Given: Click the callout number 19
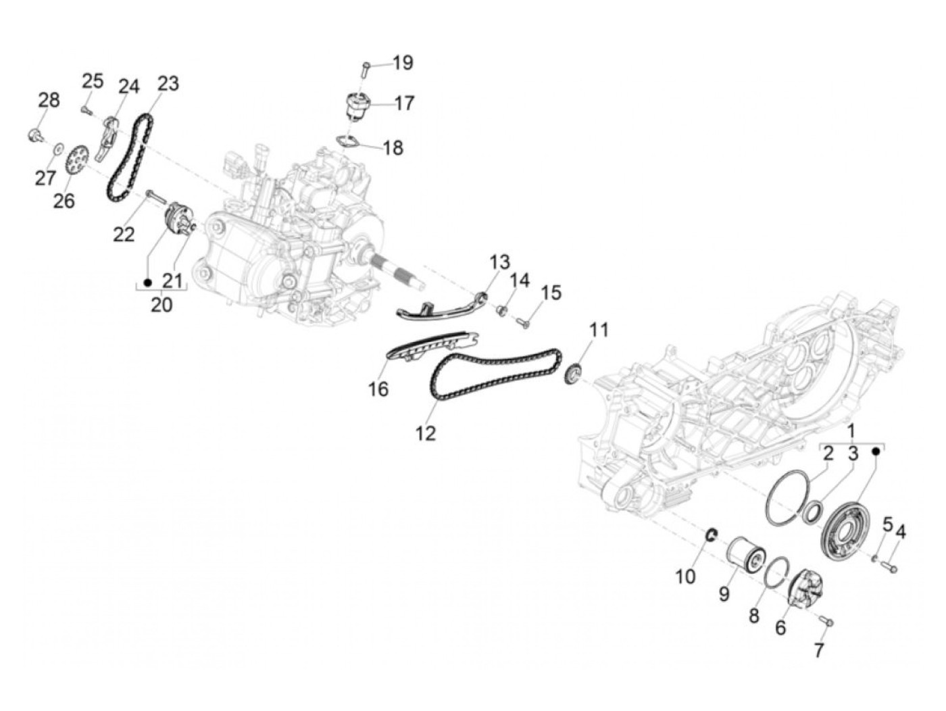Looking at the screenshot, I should (x=403, y=63).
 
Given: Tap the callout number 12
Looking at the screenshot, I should (x=426, y=433).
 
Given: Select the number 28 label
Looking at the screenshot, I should (x=49, y=100).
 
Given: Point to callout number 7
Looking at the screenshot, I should (x=819, y=650).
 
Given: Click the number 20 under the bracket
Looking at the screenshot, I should (x=161, y=305).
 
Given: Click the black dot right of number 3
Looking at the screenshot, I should (x=876, y=450).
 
